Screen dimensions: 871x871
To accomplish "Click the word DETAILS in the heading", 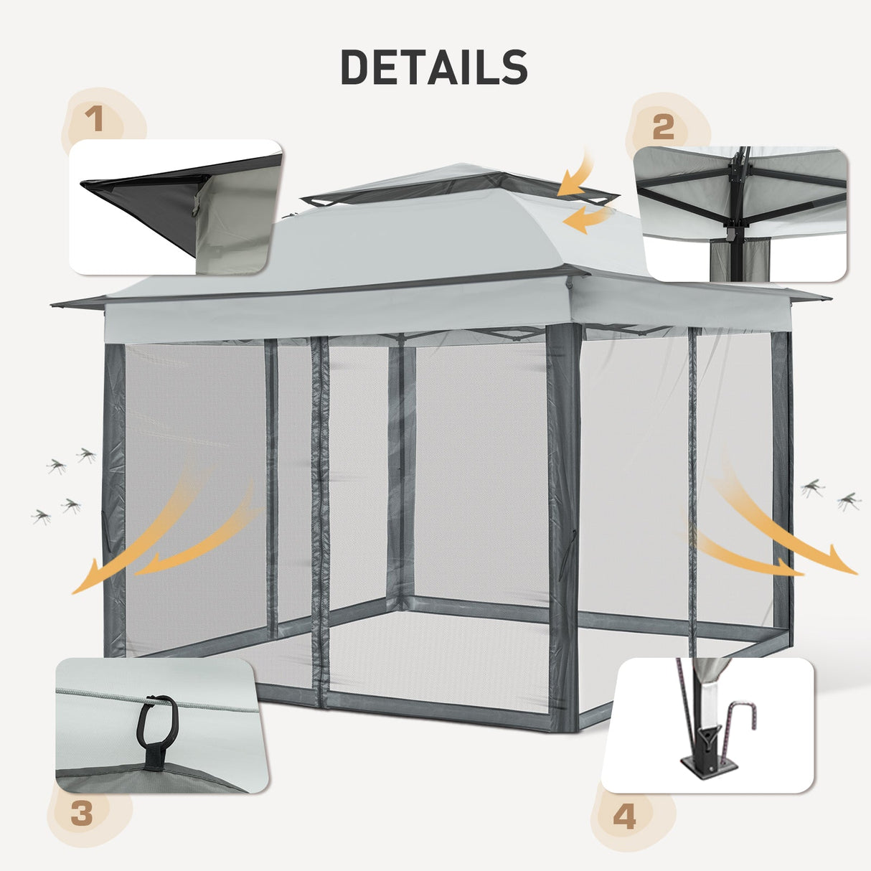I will (x=434, y=68).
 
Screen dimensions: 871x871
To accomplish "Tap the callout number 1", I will (x=95, y=120).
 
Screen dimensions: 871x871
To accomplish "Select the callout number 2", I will (x=664, y=127).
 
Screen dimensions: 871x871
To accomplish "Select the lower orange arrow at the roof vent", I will (x=587, y=218).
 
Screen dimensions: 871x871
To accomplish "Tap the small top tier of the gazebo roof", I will (x=459, y=182).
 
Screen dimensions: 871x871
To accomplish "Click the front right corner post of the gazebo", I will (x=563, y=524).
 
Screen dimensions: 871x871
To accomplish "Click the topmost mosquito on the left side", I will (x=87, y=454).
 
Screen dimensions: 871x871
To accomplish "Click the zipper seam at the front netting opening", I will (x=321, y=517).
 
